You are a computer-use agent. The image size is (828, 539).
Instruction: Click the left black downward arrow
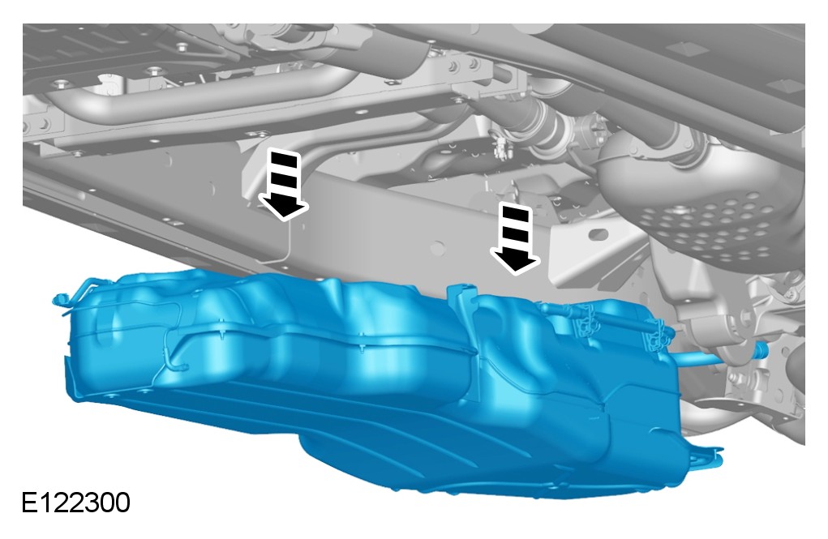283,185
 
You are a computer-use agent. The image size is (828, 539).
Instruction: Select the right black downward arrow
516,238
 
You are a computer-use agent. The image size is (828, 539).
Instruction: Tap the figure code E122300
75,503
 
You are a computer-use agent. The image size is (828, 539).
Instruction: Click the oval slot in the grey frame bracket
598,234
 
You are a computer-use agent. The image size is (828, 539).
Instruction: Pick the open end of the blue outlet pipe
762,349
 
